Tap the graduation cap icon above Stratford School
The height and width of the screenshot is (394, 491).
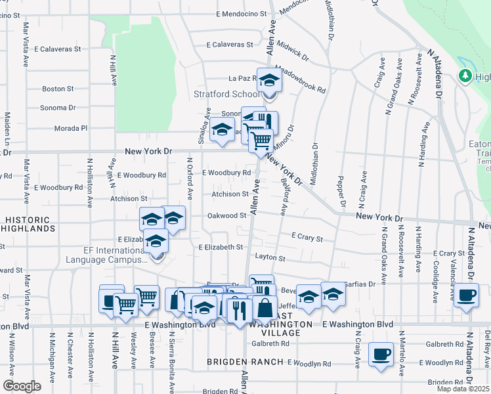click(x=268, y=81)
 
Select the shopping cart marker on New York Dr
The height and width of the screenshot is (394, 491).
click(x=261, y=140)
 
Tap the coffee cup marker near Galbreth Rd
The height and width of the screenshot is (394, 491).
click(x=381, y=355)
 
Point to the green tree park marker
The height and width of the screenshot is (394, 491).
click(x=466, y=77)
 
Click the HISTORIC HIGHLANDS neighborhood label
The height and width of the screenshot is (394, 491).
click(x=28, y=224)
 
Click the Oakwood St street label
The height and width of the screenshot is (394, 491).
click(x=226, y=215)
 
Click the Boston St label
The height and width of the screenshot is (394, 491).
click(x=58, y=89)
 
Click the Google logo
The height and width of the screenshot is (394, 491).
click(x=22, y=385)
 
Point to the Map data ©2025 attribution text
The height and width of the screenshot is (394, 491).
click(x=463, y=389)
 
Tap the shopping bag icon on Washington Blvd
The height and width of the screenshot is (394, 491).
click(x=265, y=307)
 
